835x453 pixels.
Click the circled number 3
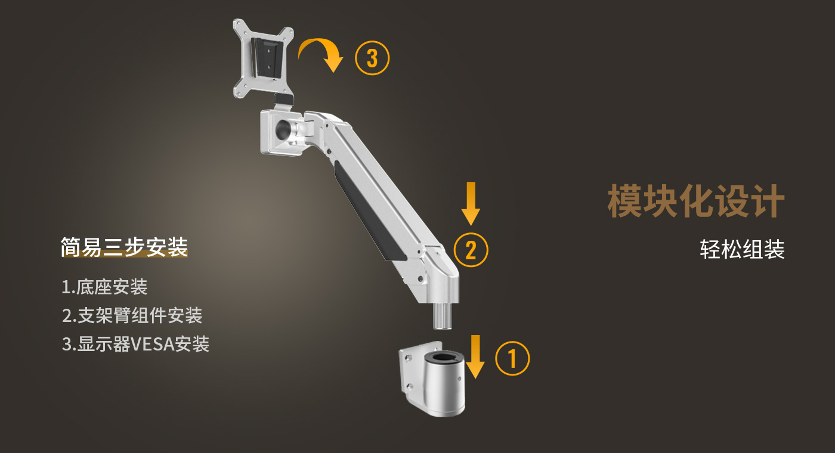point(372,58)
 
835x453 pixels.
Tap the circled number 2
point(471,250)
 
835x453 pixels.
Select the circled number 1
point(512,358)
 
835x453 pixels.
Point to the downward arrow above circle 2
point(471,203)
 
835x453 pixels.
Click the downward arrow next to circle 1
point(475,356)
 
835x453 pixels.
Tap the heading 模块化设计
point(696,201)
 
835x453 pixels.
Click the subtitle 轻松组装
point(742,249)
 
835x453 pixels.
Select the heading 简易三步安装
point(124,247)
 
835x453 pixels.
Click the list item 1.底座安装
point(104,287)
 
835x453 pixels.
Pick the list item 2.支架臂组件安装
point(132,315)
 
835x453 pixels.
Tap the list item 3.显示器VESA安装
point(136,344)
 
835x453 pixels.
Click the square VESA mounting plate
point(263,58)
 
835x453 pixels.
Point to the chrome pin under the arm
point(442,315)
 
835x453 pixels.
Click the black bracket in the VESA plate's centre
point(267,58)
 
